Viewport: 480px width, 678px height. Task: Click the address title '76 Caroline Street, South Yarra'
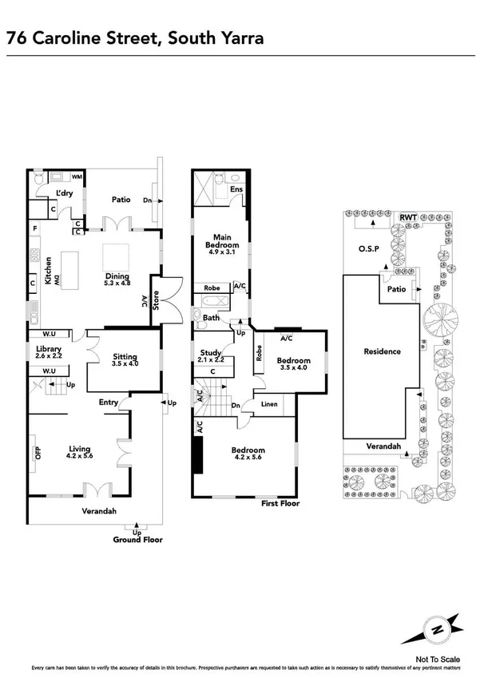[134, 38]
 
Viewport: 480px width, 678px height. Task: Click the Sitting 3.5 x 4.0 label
[126, 360]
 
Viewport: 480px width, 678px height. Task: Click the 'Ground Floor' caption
[137, 540]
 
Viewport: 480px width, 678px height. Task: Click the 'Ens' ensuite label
[236, 190]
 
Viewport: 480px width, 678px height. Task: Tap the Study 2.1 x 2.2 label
[212, 356]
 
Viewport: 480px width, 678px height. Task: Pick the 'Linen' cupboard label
[270, 404]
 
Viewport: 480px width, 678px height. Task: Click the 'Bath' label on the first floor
[211, 318]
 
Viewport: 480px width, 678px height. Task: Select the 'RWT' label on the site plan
[408, 216]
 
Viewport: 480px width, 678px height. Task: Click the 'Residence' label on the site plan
[382, 351]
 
